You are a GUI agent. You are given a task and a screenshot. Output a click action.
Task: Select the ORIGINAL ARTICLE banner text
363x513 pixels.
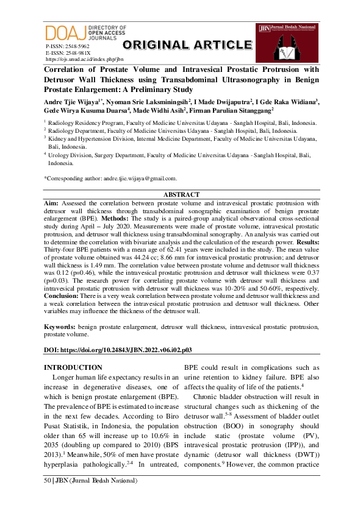(187, 45)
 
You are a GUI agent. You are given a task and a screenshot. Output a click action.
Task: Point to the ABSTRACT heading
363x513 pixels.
(181, 195)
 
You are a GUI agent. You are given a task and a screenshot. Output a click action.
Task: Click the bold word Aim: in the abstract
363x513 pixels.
(51, 203)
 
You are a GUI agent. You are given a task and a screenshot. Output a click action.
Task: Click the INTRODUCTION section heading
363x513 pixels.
(73, 367)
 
